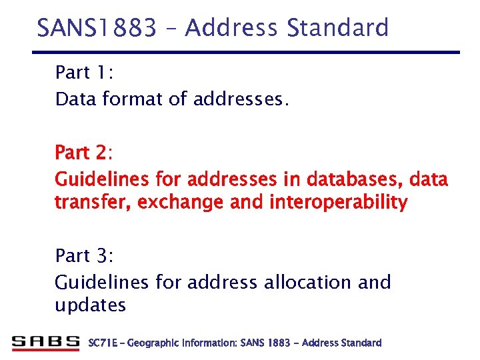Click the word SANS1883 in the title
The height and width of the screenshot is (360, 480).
97,28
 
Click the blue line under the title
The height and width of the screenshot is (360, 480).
247,52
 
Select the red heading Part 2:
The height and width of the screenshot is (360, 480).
83,153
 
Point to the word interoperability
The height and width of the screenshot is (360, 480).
338,203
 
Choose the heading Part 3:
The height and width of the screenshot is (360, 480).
83,255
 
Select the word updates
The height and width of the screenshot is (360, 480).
90,305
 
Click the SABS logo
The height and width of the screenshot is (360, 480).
45,343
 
